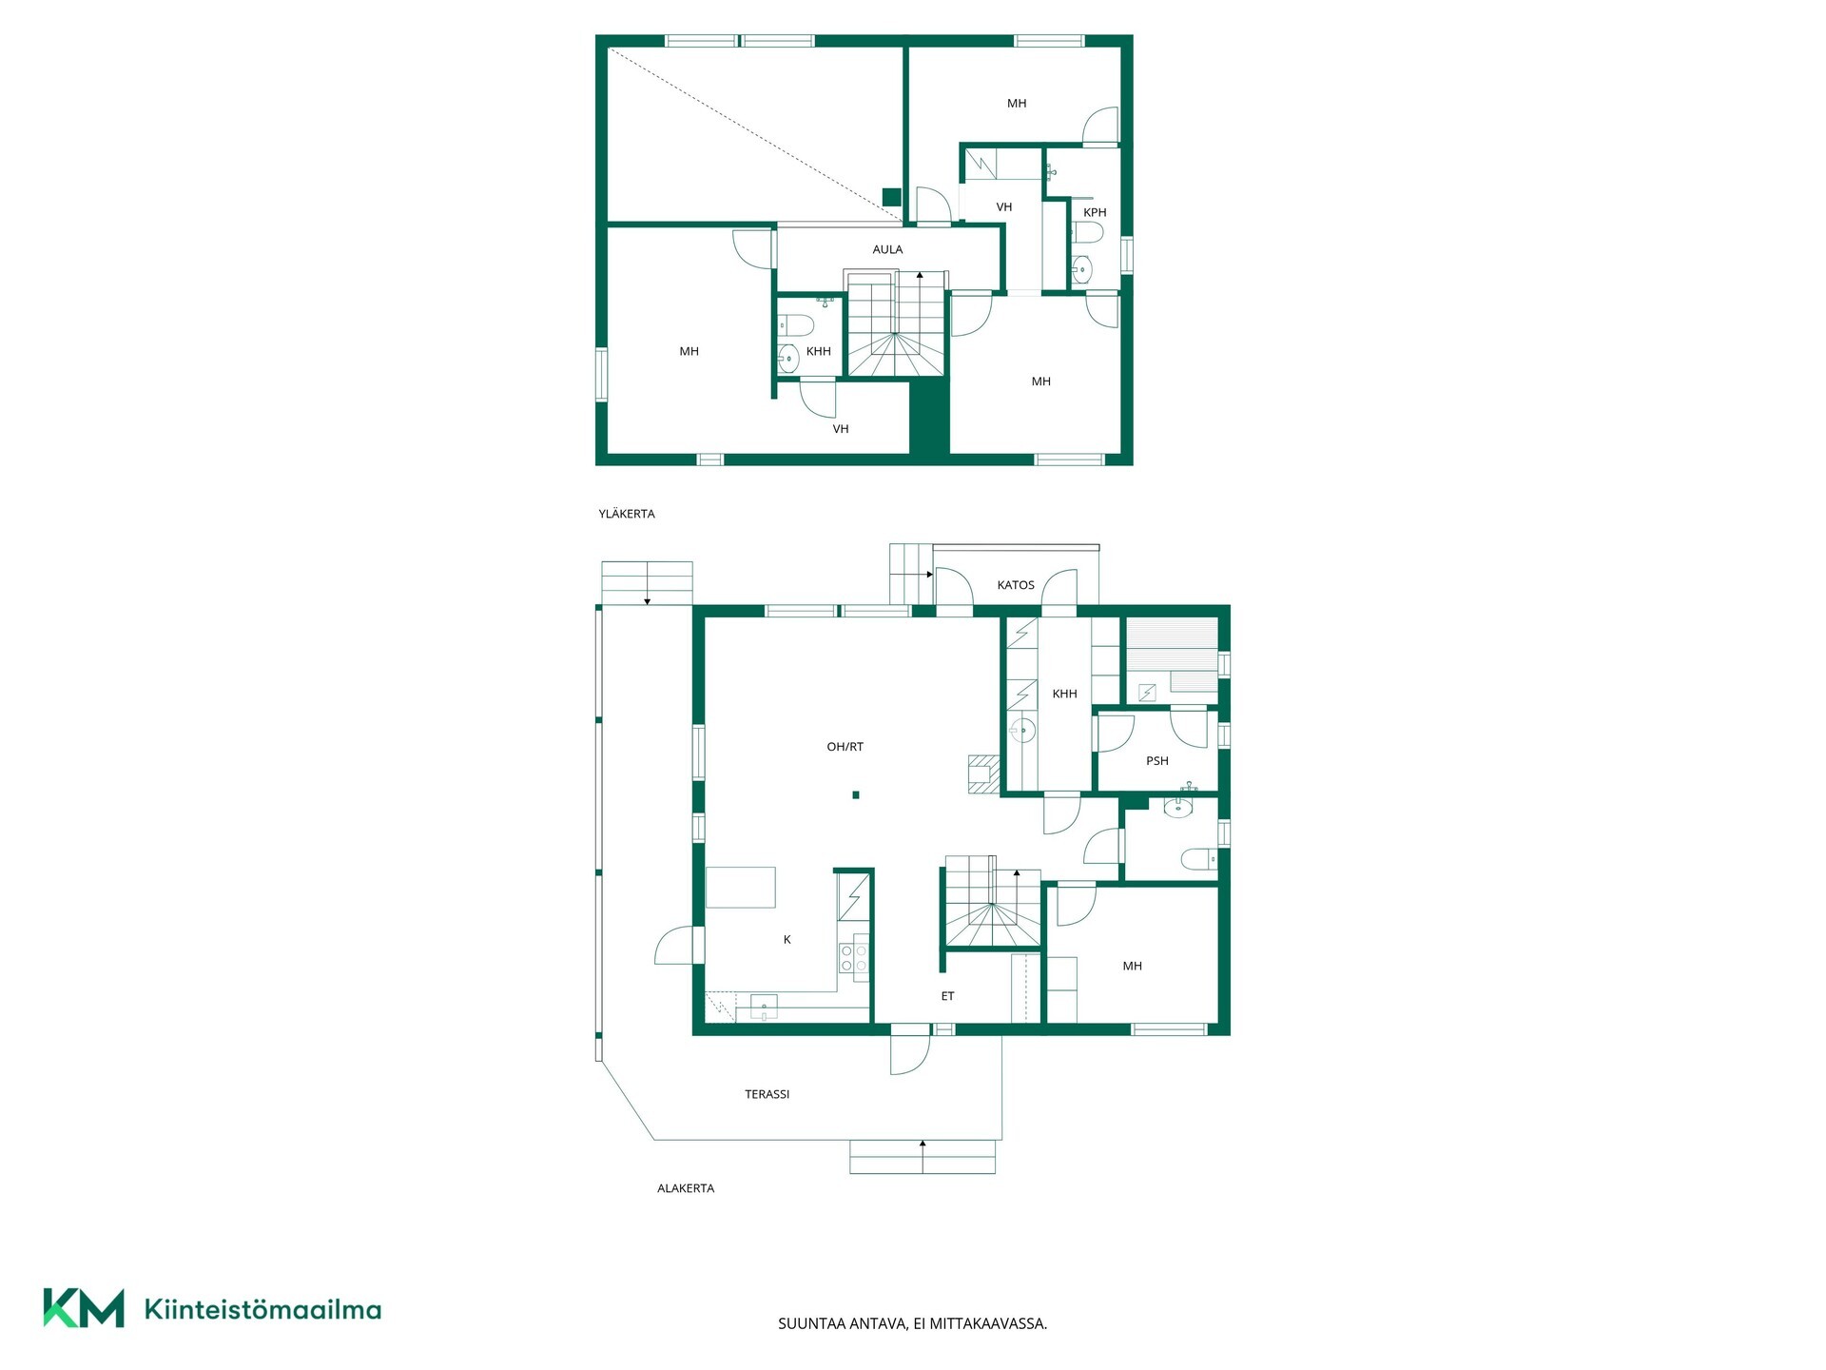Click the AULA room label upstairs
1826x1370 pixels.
click(x=887, y=249)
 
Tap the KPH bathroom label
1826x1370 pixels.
click(x=1095, y=212)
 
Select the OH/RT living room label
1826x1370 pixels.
click(x=845, y=747)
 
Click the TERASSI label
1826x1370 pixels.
click(x=767, y=1094)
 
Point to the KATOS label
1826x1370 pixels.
click(x=1016, y=585)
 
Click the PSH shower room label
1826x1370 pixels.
click(x=1156, y=760)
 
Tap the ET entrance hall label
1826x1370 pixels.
click(x=947, y=996)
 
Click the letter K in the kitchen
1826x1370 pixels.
click(x=787, y=940)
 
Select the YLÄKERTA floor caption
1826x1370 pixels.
click(x=627, y=514)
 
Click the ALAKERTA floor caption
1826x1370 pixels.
click(x=686, y=1188)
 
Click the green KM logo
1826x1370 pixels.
click(x=84, y=1308)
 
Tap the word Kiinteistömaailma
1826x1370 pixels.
click(x=262, y=1310)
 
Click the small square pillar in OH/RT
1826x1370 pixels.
click(x=856, y=795)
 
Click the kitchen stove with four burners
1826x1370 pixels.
click(x=854, y=957)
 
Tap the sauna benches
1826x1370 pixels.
click(x=1172, y=656)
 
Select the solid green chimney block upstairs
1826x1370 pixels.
click(x=891, y=197)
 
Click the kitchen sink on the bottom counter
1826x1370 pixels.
click(x=764, y=1008)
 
